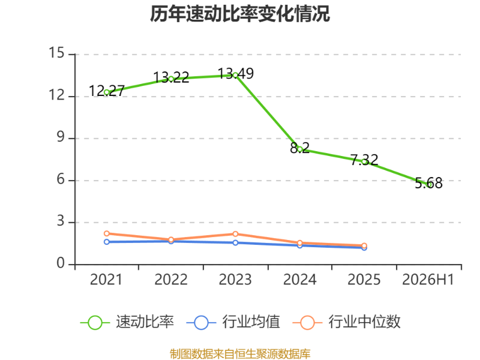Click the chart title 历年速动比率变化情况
239,14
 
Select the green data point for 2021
107,92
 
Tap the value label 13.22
171,77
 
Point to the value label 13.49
236,74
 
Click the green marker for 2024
300,149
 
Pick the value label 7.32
364,160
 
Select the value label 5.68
428,183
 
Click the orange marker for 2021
107,233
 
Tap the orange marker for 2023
235,234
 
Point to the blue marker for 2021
107,242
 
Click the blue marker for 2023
235,243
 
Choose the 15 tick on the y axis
56,53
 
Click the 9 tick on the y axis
61,137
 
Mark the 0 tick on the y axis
61,263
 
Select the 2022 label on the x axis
171,280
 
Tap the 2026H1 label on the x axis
428,280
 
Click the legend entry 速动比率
127,322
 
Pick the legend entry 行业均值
233,322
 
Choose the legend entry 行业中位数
347,322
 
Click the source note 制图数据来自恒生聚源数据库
240,354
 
